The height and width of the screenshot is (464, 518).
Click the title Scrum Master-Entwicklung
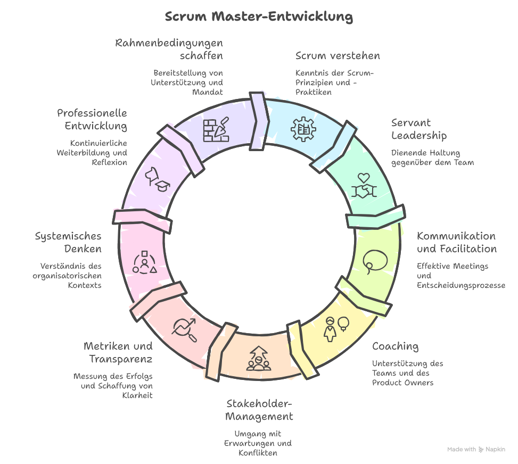point(259,16)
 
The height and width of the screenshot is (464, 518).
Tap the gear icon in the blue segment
point(303,129)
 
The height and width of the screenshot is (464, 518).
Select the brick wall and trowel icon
point(216,129)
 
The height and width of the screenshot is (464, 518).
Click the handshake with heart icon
point(364,186)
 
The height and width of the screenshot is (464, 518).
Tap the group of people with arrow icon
point(258,358)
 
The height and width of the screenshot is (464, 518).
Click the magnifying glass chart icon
point(184,329)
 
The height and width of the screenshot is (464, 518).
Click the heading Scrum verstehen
point(338,56)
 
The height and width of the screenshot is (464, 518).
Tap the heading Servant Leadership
point(418,129)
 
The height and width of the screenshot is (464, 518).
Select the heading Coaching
point(395,346)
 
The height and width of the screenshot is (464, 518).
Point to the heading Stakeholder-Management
point(259,409)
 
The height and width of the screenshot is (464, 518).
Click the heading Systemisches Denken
point(68,242)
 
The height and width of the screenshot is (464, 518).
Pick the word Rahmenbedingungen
point(169,43)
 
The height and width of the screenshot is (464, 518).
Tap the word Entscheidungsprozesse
point(461,286)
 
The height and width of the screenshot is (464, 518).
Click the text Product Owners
point(402,383)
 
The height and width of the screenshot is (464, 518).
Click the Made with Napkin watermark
point(476,450)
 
